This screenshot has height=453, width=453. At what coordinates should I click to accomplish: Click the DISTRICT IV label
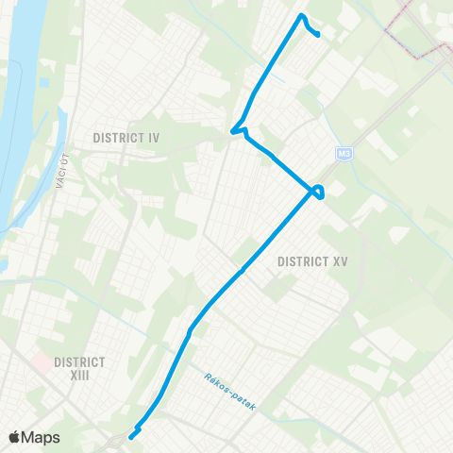[x=126, y=138]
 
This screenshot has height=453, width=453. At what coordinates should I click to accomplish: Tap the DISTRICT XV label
[x=314, y=260]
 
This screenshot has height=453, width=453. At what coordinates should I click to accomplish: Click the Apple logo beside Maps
[x=15, y=437]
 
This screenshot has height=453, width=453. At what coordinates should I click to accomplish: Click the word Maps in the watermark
[x=42, y=437]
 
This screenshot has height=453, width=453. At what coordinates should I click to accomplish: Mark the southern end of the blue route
[x=130, y=436]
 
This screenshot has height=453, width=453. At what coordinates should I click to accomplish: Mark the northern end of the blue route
[x=320, y=36]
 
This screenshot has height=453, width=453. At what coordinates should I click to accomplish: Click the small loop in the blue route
[x=321, y=192]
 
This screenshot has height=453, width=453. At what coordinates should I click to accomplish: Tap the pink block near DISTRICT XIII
[x=41, y=361]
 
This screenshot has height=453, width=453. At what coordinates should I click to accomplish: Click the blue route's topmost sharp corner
[x=301, y=16]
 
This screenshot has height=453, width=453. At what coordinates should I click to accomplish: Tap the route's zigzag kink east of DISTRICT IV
[x=241, y=127]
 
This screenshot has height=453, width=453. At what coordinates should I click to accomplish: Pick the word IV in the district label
[x=153, y=138]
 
